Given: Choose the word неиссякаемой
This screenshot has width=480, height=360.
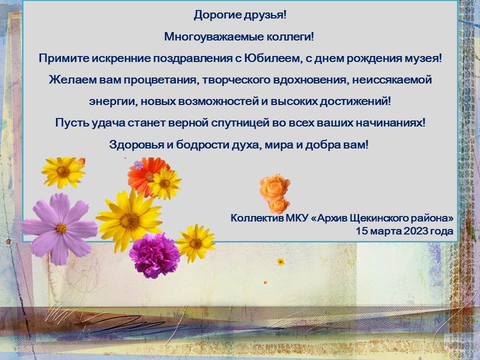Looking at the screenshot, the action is pos(392,80).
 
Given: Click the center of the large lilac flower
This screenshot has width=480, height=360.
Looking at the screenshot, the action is pos(61,228).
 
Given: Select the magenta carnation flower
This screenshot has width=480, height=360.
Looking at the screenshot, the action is pos(154,256).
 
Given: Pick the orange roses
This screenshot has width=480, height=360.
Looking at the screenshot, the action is pos(275,193).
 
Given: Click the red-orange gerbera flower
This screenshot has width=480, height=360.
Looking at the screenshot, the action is pos(146,176).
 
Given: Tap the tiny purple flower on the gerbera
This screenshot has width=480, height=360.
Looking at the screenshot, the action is pos(138,165).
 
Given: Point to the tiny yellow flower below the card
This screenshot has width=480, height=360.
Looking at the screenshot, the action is pos(280,261).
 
